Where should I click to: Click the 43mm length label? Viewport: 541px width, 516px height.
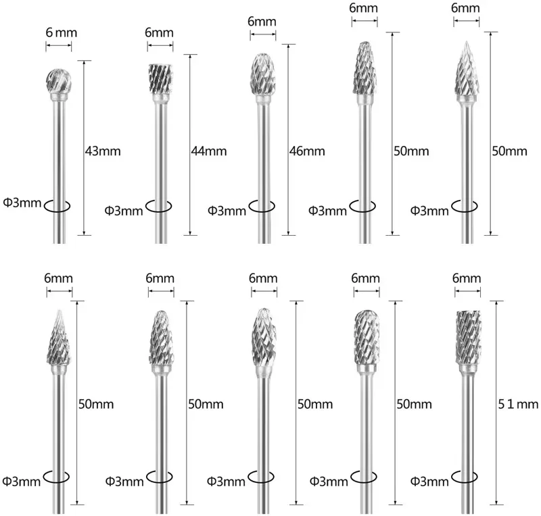[103, 151]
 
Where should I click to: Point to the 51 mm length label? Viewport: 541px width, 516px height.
[519, 405]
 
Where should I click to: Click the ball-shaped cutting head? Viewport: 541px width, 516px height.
[58, 79]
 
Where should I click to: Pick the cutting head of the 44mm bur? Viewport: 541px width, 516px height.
[160, 80]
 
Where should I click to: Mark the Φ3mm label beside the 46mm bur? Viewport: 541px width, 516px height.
[227, 210]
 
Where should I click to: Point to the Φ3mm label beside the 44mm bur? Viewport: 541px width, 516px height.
[125, 210]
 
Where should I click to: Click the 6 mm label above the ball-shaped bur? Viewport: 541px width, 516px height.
[58, 33]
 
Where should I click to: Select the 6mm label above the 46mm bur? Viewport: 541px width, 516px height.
[261, 21]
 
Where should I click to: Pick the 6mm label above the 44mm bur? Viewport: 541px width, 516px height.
[160, 33]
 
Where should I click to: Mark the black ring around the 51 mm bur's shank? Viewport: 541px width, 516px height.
[467, 478]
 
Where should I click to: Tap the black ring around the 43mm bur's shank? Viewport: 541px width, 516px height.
[58, 206]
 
